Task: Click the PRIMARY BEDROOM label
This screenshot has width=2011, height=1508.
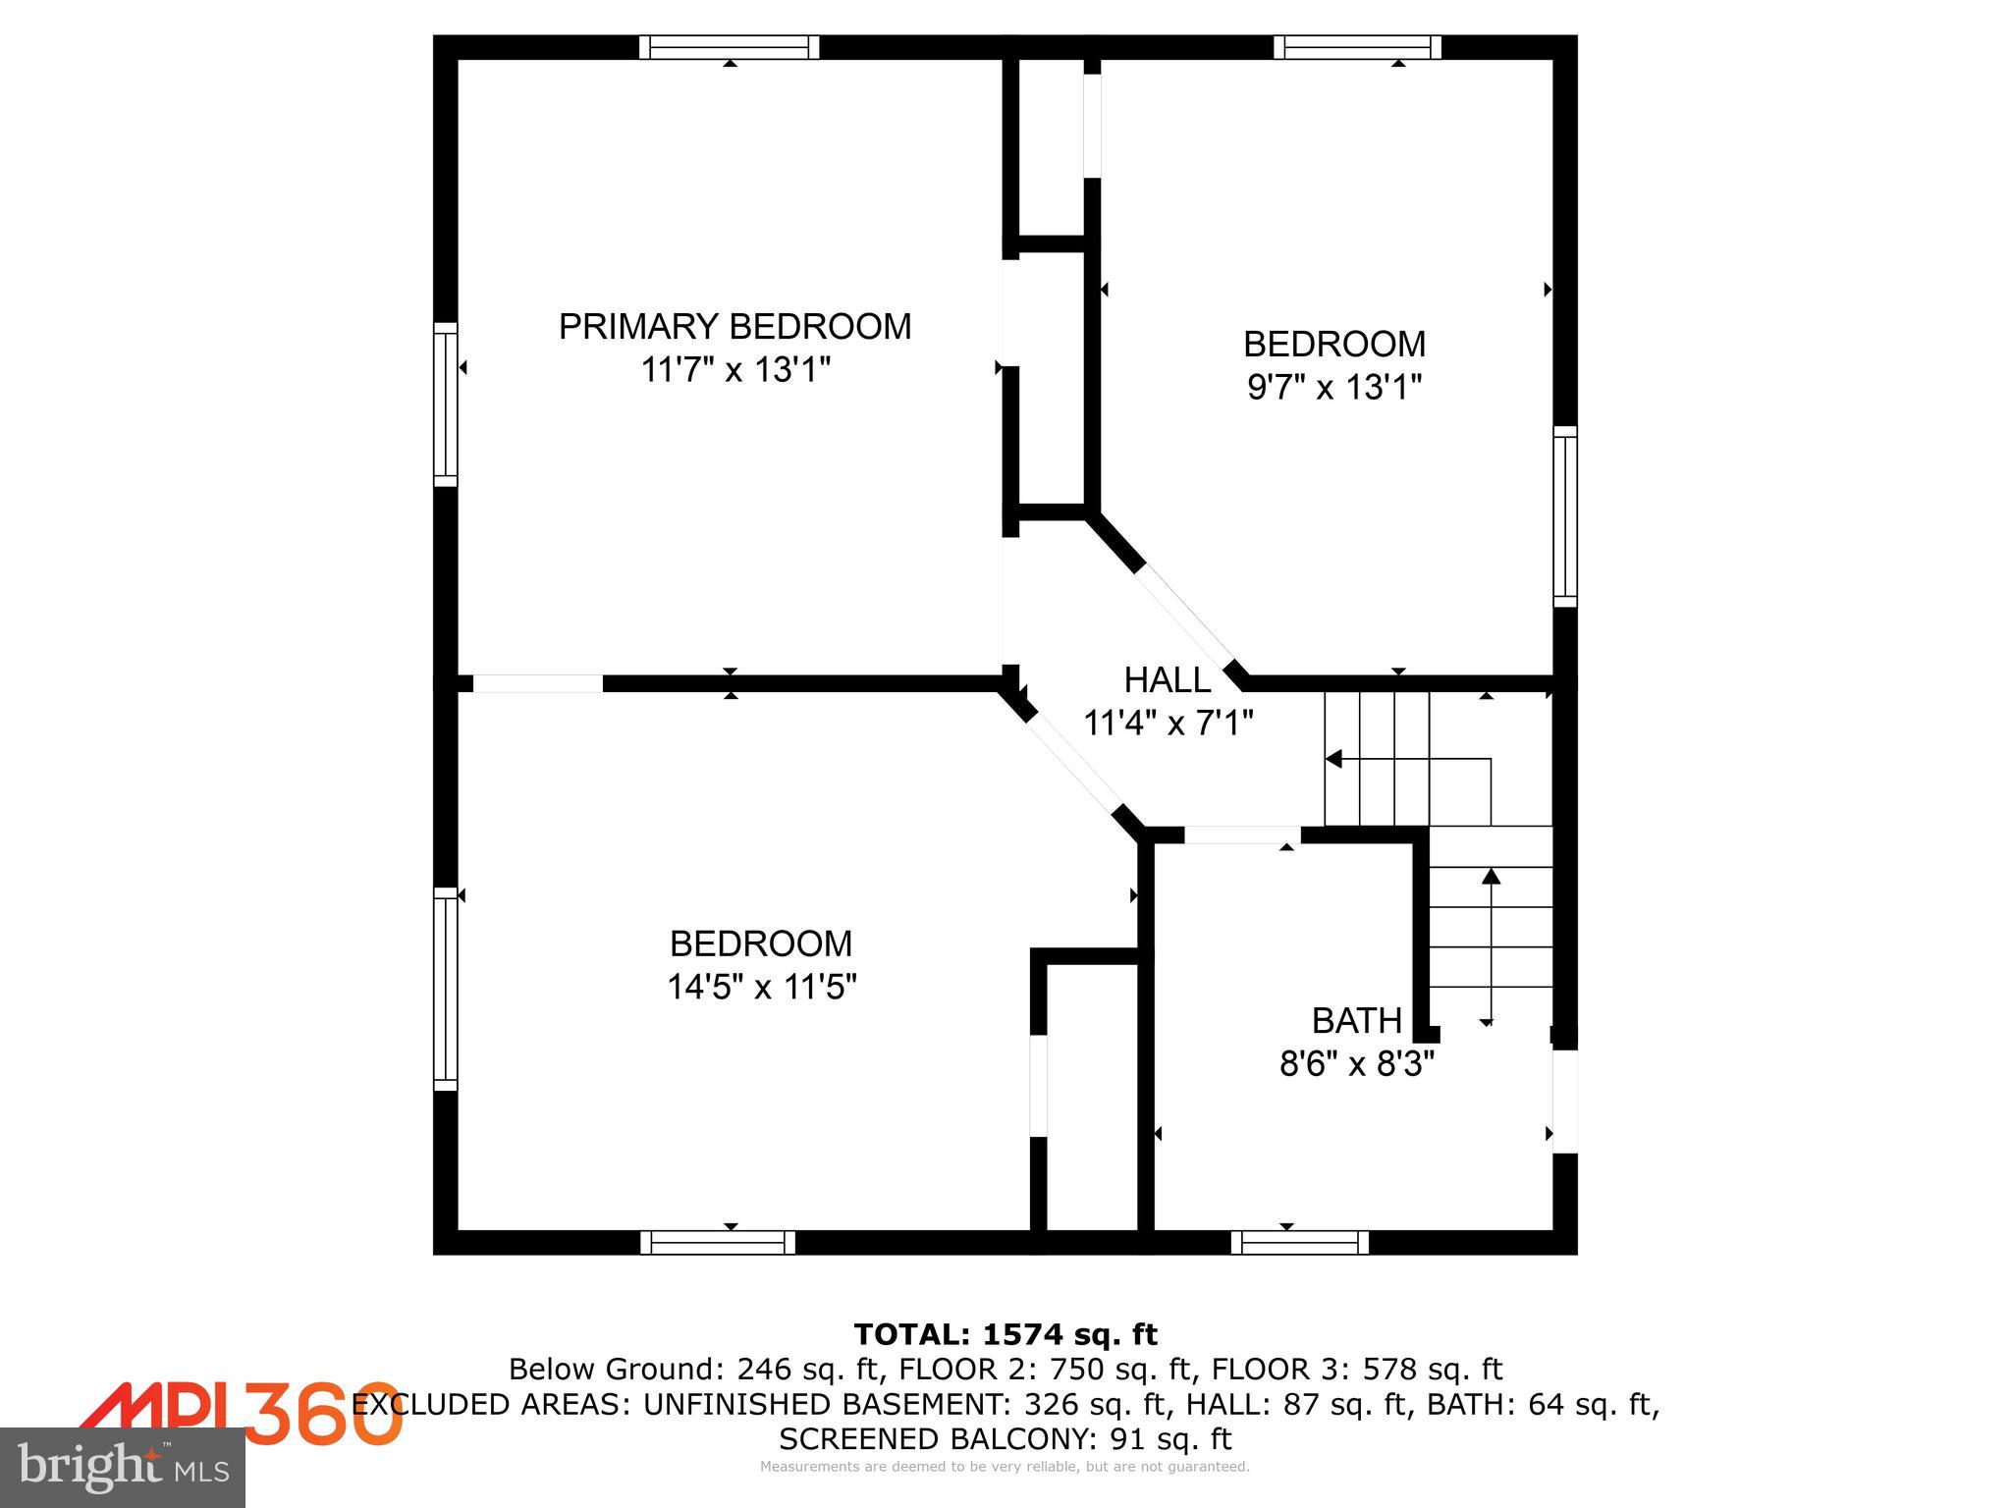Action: [734, 326]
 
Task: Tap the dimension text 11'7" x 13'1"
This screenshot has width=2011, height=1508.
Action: [734, 371]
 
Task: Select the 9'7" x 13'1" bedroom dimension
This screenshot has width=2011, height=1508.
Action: [1333, 388]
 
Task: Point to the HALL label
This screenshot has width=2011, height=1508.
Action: [1167, 679]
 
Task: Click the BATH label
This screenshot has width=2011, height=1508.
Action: [1356, 1021]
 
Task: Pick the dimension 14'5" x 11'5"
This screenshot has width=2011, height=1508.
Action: [761, 987]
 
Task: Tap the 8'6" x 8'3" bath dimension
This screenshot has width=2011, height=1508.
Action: [1356, 1064]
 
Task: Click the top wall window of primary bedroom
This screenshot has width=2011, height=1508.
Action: [729, 47]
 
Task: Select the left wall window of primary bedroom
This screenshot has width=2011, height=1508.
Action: [446, 404]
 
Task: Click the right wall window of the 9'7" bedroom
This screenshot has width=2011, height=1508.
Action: [1564, 516]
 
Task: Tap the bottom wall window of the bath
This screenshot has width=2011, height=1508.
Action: [1299, 1243]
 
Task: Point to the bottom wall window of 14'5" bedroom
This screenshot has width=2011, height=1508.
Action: [718, 1243]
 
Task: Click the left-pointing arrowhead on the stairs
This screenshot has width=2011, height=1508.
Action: [1333, 759]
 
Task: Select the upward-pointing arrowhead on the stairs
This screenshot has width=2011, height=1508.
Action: [1491, 876]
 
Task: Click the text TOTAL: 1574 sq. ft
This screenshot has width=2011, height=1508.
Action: [1005, 1334]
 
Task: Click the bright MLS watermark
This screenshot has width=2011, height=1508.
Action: [123, 1467]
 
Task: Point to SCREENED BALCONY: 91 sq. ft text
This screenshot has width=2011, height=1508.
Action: [1005, 1439]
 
